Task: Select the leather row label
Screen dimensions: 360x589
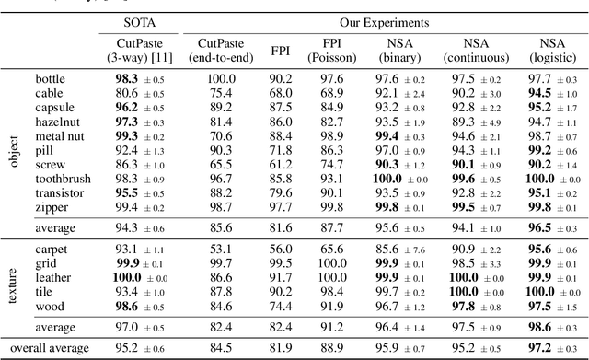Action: point(52,276)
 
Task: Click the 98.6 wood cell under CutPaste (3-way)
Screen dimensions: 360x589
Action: point(125,305)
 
